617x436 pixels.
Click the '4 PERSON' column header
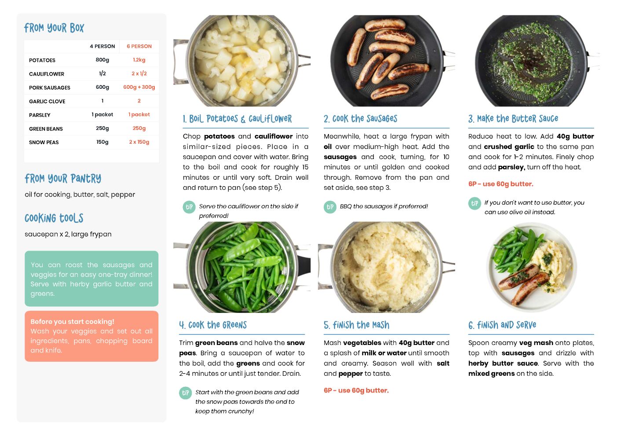click(102, 46)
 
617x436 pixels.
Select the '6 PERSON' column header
click(139, 46)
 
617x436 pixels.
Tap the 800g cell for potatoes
click(102, 60)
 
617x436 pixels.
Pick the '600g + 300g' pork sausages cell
click(139, 87)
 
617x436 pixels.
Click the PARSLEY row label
click(40, 115)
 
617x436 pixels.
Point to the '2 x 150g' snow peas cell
click(139, 142)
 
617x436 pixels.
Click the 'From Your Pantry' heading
click(63, 178)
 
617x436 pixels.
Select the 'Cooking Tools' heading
click(54, 218)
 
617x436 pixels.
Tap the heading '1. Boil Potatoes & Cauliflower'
click(237, 119)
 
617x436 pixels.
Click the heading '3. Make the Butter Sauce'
click(513, 119)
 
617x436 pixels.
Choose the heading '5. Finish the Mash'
click(356, 325)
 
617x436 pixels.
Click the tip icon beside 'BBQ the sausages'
click(330, 207)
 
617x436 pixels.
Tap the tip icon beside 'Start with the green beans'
click(186, 393)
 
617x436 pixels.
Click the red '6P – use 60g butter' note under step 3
click(501, 184)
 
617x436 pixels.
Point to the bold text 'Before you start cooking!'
click(72, 321)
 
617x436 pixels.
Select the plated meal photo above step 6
click(532, 267)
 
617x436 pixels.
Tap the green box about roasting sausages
click(91, 279)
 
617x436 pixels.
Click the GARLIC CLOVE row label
click(47, 101)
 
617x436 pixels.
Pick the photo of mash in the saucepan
click(387, 267)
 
